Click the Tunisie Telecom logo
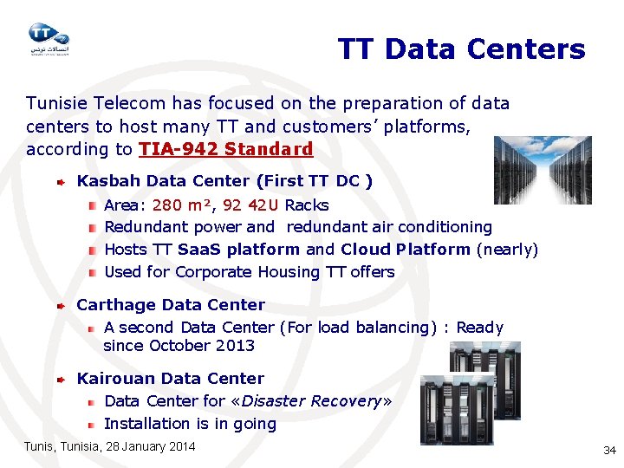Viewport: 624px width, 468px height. coord(49,38)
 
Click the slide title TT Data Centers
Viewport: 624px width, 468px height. coord(461,49)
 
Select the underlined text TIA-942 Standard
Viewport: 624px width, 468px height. coord(225,149)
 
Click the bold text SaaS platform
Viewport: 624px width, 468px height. coord(238,250)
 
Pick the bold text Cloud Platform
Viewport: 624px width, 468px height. coord(406,250)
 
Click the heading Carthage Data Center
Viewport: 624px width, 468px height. coord(171,305)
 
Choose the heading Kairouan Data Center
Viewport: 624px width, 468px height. coord(171,379)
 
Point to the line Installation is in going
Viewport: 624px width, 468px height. coord(190,424)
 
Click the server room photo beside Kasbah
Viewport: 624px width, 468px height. coord(542,169)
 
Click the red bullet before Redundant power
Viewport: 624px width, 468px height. coord(92,228)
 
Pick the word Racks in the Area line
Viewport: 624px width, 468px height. coord(307,205)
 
